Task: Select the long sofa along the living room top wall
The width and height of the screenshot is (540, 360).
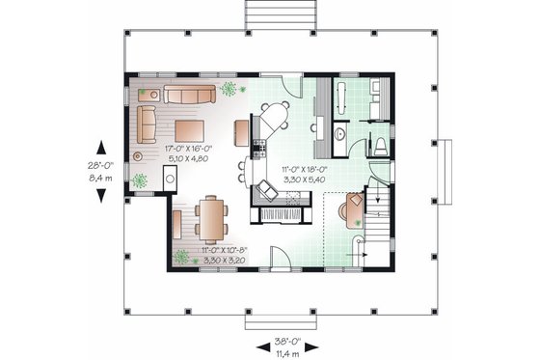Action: [x=189, y=94]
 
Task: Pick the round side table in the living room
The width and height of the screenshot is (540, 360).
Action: [x=140, y=155]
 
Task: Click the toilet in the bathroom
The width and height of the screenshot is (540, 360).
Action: [x=381, y=146]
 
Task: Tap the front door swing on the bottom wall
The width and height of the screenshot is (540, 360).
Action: [x=279, y=258]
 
